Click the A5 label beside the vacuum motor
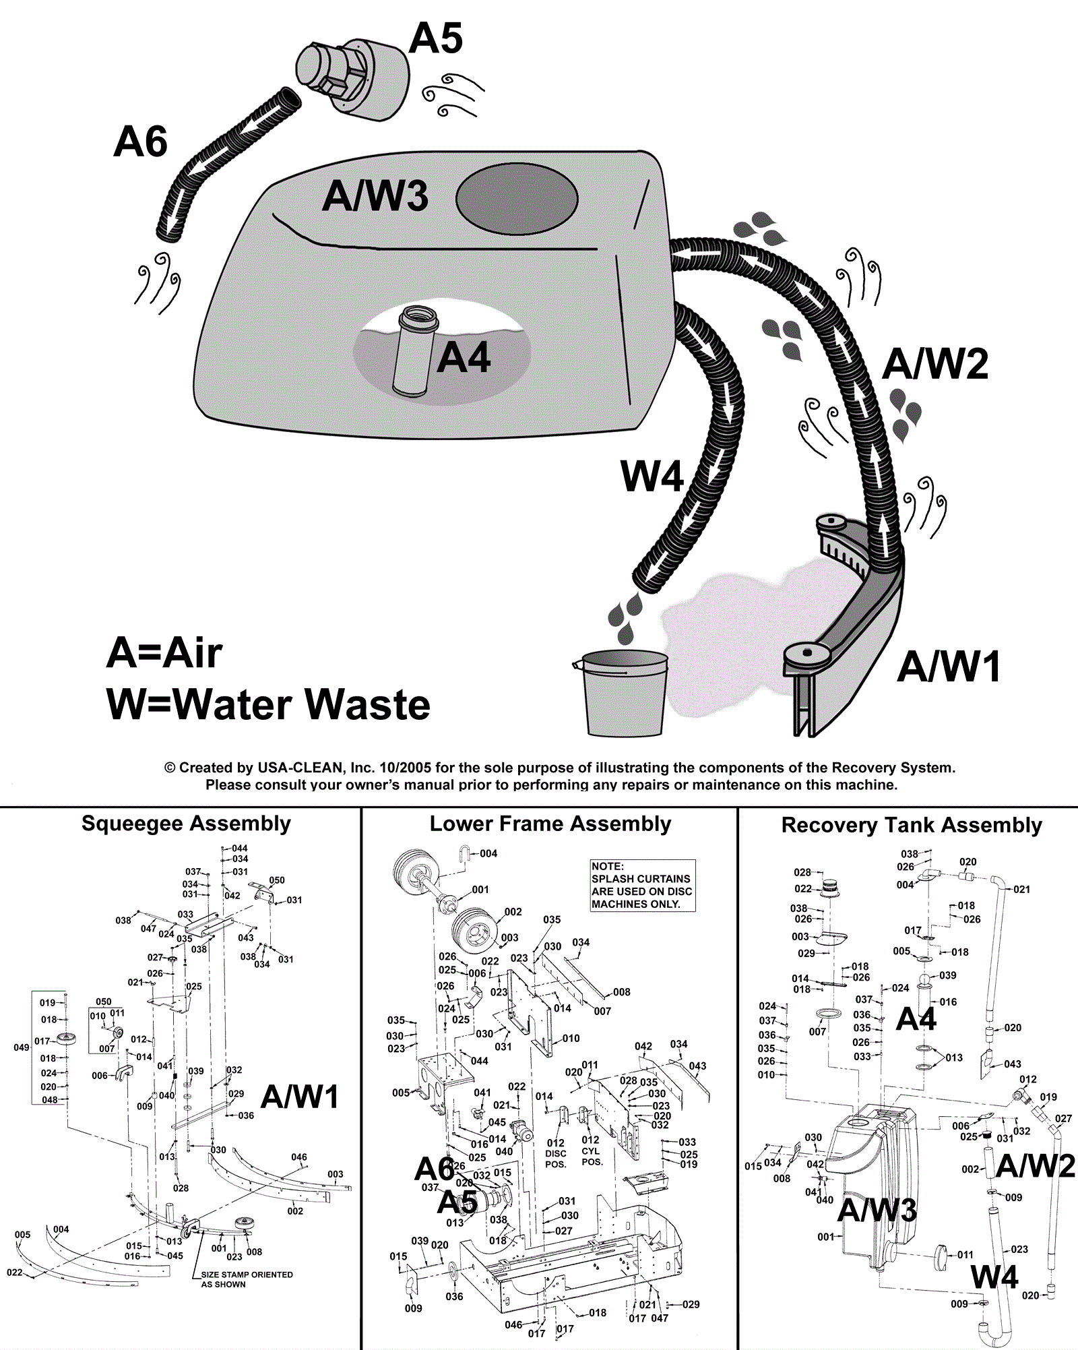tap(436, 38)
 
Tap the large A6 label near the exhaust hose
tap(140, 142)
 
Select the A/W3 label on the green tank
tap(375, 196)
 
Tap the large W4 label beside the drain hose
tap(652, 477)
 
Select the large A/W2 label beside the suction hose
tap(935, 364)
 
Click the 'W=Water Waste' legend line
tap(268, 704)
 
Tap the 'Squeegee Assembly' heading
tap(186, 824)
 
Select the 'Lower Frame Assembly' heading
tap(550, 824)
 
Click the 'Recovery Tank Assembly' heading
tap(912, 825)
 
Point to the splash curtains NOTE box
tap(642, 886)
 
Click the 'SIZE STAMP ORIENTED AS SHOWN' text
tap(247, 1279)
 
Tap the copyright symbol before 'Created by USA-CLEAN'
tap(170, 768)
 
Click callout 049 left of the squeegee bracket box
tap(22, 1047)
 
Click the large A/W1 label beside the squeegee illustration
tap(949, 667)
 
